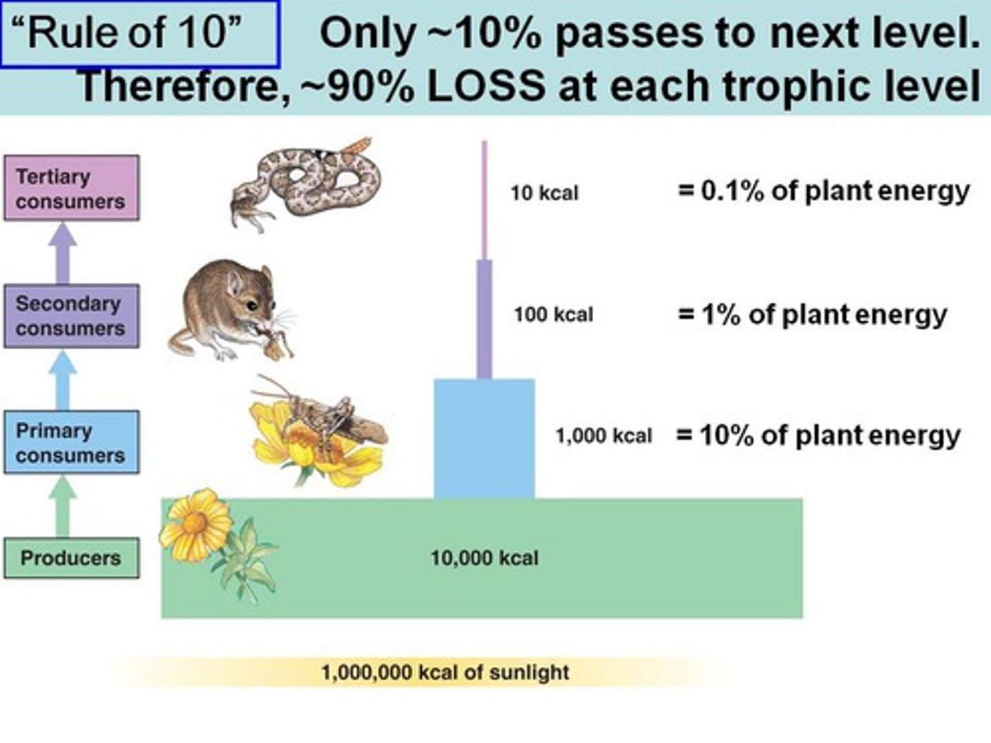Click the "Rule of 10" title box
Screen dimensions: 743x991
coord(140,34)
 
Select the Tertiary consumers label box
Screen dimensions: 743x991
coord(71,189)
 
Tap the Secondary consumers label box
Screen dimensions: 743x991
coord(71,316)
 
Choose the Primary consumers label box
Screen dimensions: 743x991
coord(71,442)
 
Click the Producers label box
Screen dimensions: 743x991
coord(71,558)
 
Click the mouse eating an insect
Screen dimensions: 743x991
coord(231,310)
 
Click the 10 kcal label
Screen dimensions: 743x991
coord(544,193)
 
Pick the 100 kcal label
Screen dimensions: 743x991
coord(553,315)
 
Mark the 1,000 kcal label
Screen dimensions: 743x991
coord(604,436)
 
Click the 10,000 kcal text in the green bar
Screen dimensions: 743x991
coord(484,558)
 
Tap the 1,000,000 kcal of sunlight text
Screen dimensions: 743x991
coord(445,672)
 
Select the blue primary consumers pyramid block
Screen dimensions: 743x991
coord(484,438)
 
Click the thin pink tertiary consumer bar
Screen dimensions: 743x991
coord(484,200)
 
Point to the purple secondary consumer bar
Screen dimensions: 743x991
coord(484,319)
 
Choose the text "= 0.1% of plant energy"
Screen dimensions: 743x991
coord(824,191)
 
